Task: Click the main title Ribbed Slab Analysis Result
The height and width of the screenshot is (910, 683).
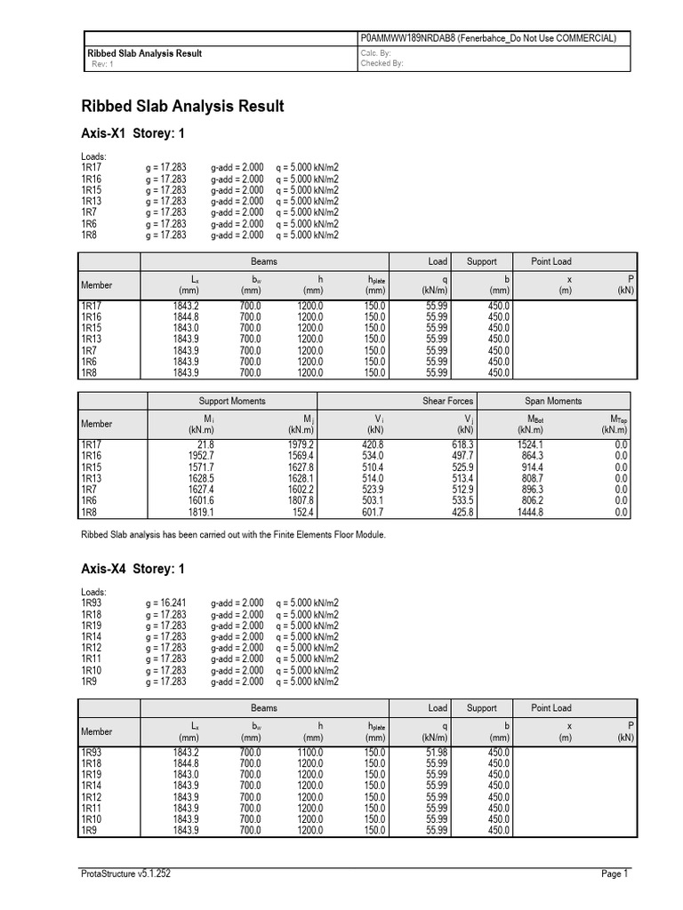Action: (x=182, y=107)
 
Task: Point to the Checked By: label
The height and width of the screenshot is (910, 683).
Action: (x=382, y=65)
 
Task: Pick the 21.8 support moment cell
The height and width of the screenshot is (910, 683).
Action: (x=205, y=444)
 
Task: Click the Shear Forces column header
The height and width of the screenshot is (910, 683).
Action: (x=447, y=402)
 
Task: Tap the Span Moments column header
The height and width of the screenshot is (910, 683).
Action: (x=553, y=402)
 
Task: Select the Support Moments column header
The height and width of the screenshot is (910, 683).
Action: (x=232, y=402)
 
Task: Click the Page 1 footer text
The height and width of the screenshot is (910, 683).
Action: (x=615, y=874)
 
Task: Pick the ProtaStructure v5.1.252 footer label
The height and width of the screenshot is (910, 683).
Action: (x=126, y=874)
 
